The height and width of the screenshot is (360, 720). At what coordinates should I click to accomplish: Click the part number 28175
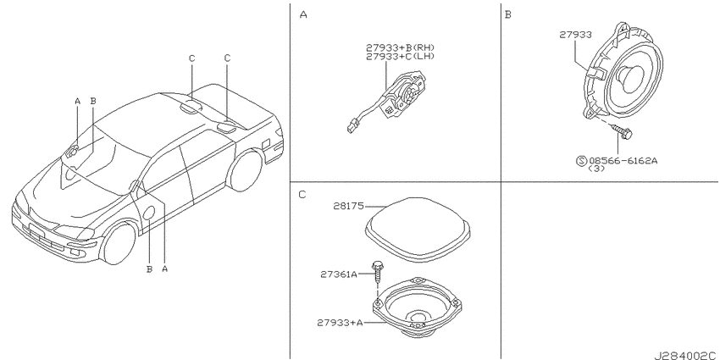348,207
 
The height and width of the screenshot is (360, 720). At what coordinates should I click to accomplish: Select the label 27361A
339,274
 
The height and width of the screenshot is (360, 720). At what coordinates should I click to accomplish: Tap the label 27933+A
340,323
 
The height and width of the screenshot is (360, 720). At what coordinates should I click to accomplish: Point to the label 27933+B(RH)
400,47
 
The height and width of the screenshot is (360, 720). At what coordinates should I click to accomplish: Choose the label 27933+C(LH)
400,56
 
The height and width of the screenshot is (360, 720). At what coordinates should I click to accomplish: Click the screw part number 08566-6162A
623,161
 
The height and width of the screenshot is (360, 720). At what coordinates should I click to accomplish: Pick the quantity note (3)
596,169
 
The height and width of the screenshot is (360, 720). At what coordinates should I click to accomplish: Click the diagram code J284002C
685,355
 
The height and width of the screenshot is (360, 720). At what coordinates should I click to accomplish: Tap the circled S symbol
581,161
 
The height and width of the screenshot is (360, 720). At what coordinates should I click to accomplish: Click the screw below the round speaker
623,132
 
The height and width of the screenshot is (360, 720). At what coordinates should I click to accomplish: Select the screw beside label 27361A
377,271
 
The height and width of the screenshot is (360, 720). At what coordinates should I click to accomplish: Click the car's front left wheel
118,243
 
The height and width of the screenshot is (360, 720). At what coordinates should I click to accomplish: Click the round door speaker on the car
149,213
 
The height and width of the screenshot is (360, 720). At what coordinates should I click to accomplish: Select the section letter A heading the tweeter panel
303,15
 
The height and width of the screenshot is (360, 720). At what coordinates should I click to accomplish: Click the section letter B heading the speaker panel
507,15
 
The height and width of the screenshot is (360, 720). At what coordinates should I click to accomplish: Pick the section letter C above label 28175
302,195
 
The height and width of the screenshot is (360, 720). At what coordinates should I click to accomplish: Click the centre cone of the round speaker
629,76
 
